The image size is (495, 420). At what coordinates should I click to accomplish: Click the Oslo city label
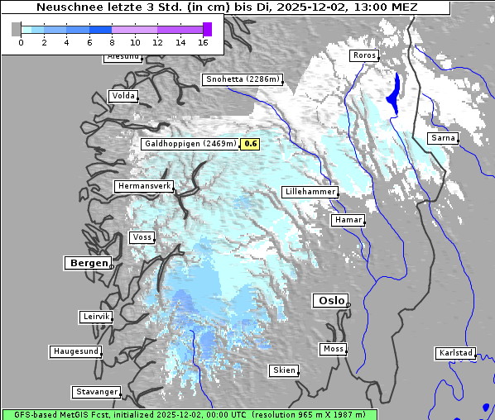coord(331,300)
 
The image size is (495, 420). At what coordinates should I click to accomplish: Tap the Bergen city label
coord(87,263)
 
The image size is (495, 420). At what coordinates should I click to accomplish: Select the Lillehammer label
coord(310,191)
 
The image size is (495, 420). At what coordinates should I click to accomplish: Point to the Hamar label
coord(347,220)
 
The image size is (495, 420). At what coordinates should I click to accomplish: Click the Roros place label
coord(364,55)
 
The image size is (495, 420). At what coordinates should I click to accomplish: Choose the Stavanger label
coord(97,391)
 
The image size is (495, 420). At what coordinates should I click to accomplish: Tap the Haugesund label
coord(76,351)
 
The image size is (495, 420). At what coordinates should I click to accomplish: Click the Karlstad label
coord(456,353)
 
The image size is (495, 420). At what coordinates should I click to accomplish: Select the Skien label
coord(284,370)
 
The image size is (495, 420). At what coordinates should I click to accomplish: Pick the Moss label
coord(333,349)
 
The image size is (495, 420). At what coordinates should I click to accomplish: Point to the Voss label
coord(142,237)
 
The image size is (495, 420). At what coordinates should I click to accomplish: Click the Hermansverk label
coord(144,186)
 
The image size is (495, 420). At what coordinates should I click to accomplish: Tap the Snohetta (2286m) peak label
coord(243,79)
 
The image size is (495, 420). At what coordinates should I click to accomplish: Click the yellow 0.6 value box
coord(251,144)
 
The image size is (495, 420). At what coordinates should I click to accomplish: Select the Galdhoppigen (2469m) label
coord(190,144)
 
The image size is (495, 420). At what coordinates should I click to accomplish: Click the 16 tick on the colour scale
coord(203,42)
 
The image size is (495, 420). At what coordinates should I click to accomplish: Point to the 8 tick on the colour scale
coord(112,42)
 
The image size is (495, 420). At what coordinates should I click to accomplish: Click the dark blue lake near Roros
coord(393,95)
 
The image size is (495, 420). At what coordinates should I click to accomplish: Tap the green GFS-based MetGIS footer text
coord(189,414)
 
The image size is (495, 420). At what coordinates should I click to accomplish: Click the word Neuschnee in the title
coord(70,7)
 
